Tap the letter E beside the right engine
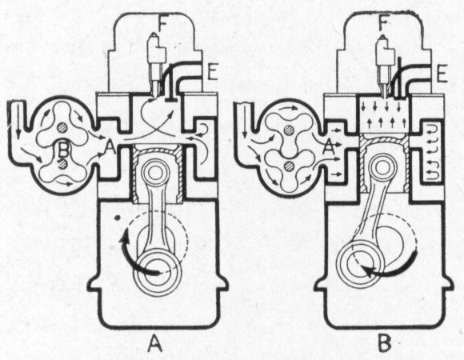tap(442, 73)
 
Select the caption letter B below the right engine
tap(385, 342)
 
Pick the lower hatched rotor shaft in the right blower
tap(288, 166)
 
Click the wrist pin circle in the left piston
tap(154, 172)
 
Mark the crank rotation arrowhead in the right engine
tap(369, 270)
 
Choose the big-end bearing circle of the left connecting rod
tap(158, 272)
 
